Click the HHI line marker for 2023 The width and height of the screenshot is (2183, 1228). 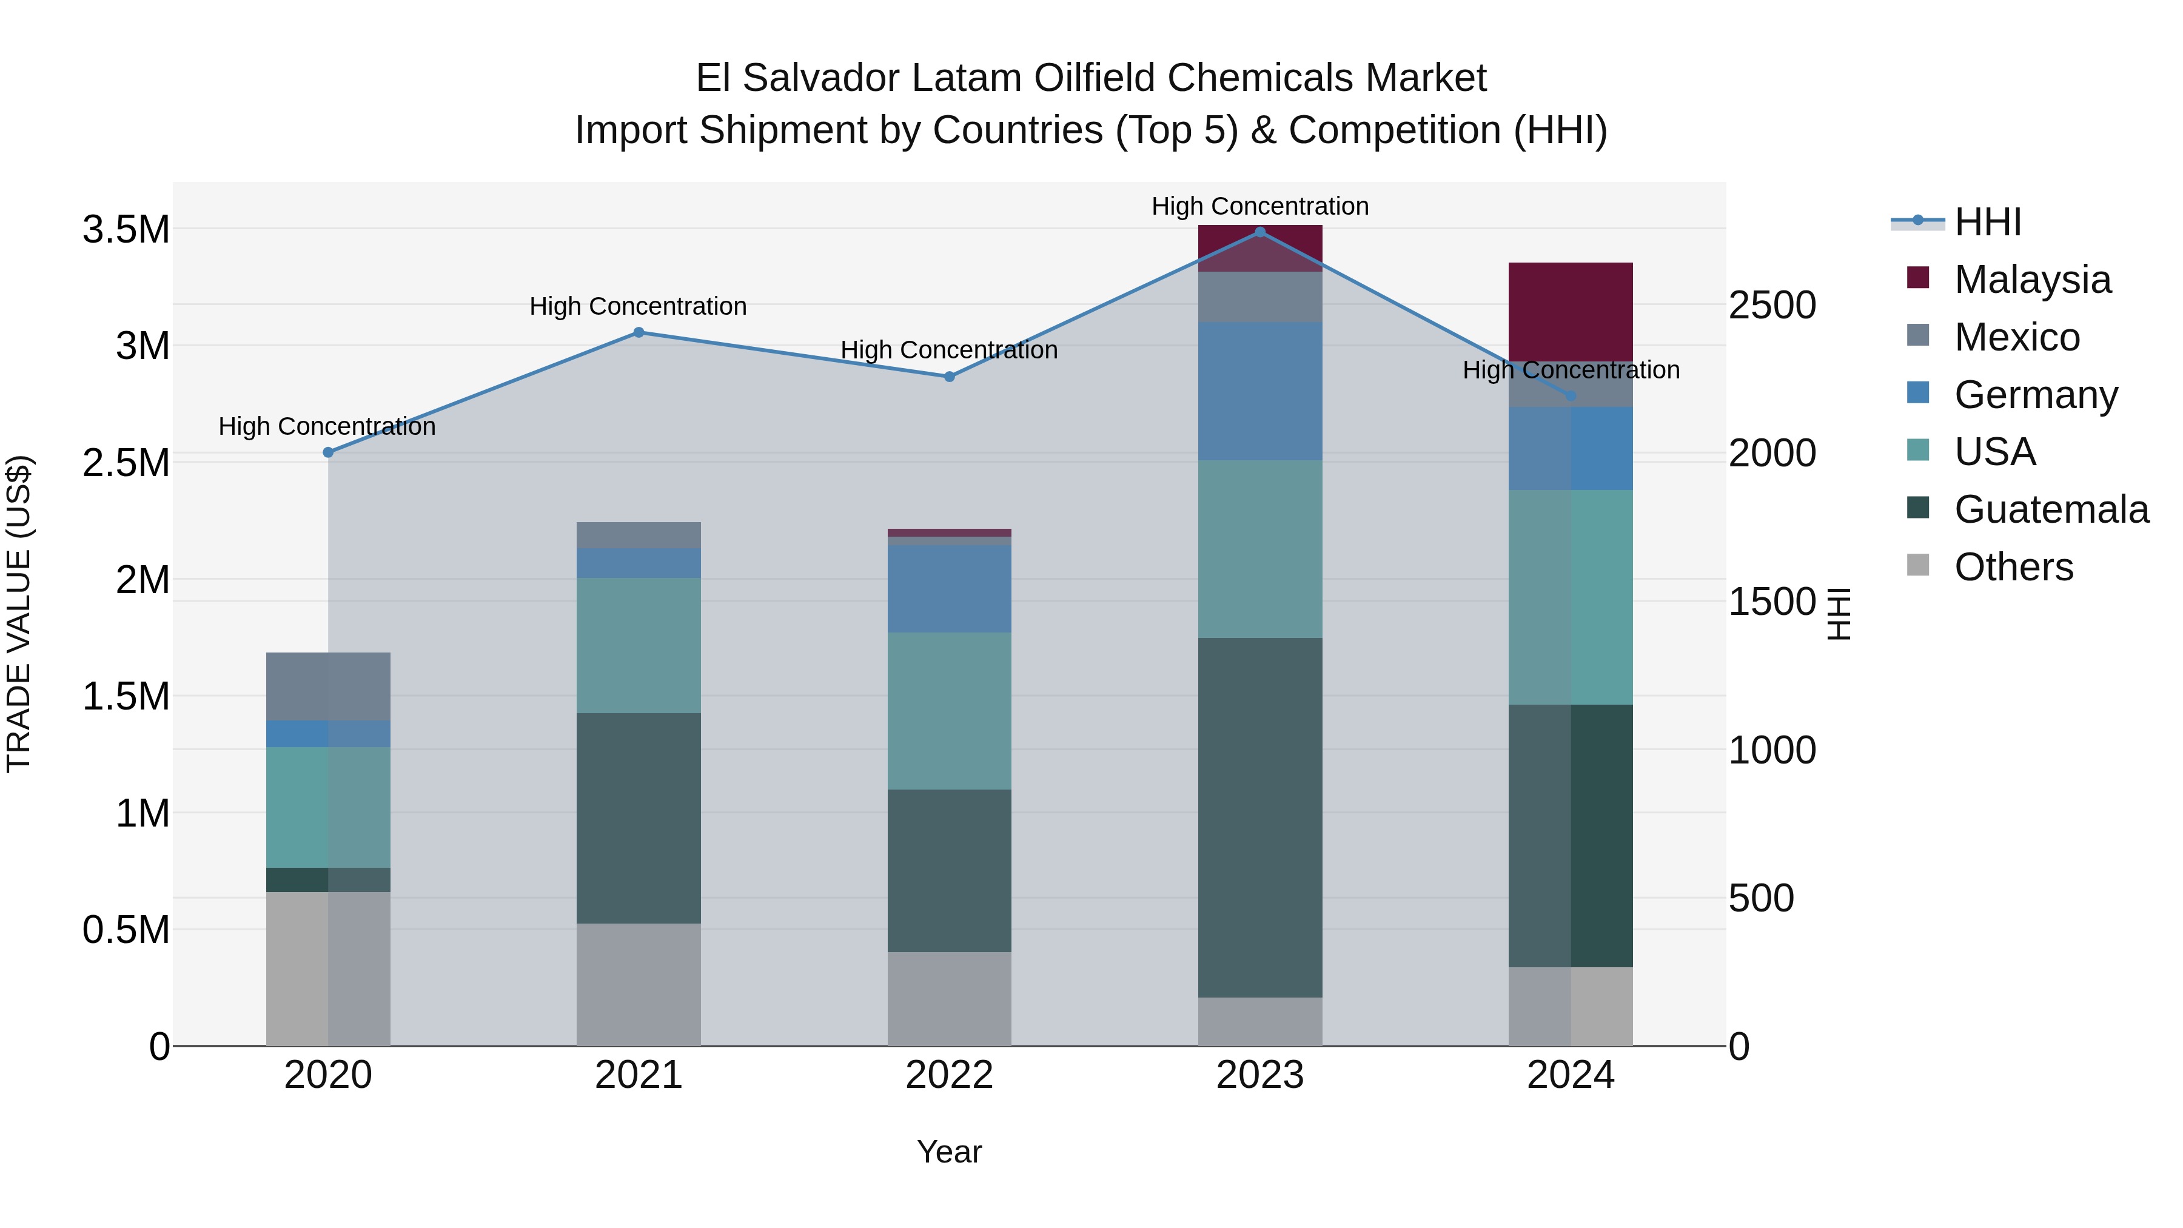1259,232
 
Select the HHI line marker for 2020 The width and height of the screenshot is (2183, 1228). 328,452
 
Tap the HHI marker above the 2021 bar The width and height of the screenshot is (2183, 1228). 639,332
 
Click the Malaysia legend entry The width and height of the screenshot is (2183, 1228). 2031,280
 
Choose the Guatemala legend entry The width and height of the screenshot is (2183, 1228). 2050,509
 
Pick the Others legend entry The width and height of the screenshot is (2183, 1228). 2013,567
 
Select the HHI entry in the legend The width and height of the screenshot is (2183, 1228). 1987,222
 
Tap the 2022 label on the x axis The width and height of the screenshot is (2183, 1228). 949,1075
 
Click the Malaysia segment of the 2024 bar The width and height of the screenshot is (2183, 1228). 1571,312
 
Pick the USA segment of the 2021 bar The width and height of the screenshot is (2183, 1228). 639,645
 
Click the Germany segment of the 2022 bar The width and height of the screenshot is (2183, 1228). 949,588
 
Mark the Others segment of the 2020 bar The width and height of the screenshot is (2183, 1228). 328,968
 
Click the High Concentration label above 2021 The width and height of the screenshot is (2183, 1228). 638,306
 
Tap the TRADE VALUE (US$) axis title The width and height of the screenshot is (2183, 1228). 19,614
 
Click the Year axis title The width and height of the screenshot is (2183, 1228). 949,1152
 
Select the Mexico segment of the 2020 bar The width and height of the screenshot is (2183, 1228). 328,686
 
